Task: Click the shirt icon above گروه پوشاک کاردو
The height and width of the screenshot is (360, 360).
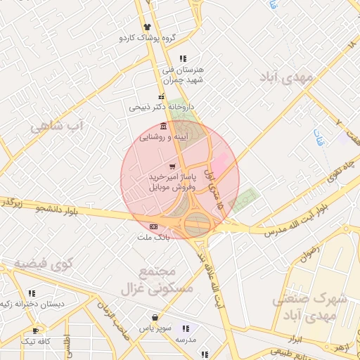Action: tap(147, 27)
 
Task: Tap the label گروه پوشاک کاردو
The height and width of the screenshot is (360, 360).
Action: tap(147, 37)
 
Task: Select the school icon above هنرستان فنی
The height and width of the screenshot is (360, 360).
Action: tap(183, 58)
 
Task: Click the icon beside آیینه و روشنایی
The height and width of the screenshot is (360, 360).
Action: tap(163, 126)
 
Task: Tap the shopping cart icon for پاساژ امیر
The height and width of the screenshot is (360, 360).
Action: tap(172, 165)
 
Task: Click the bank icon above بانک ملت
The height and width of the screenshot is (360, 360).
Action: tap(154, 226)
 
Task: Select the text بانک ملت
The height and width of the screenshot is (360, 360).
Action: tap(154, 238)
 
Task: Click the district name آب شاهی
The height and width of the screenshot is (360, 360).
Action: tap(56, 127)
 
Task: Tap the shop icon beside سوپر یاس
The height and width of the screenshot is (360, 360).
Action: tap(154, 317)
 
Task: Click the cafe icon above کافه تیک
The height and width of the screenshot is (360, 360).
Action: tap(36, 330)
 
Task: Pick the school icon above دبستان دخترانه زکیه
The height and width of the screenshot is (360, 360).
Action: tap(32, 293)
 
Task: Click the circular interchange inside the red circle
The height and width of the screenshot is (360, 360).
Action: tap(198, 224)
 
